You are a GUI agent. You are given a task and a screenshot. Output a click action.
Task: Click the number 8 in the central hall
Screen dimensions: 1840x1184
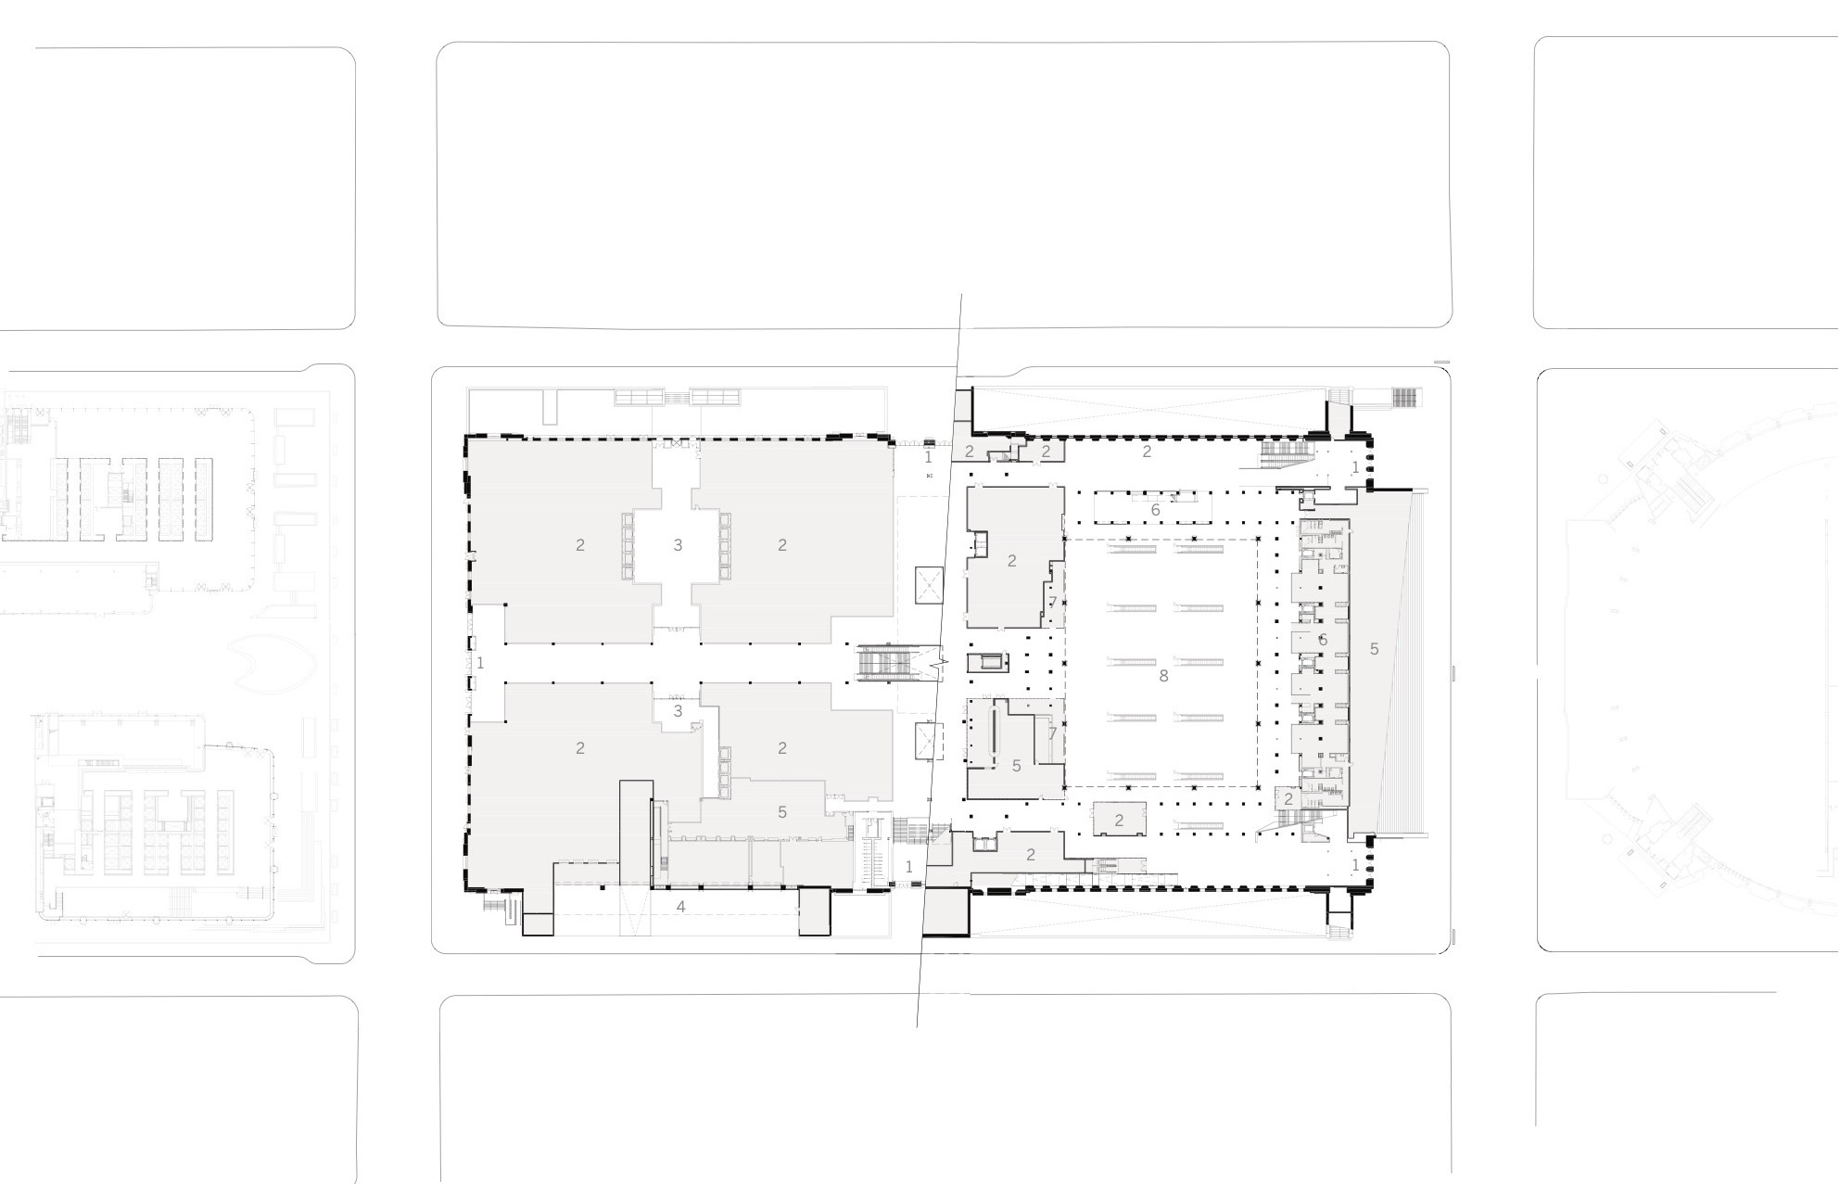[x=1163, y=676]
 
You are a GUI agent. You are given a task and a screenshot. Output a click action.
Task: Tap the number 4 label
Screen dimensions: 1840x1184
[x=680, y=907]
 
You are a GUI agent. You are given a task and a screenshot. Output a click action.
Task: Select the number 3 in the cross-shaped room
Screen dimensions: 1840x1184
[x=678, y=545]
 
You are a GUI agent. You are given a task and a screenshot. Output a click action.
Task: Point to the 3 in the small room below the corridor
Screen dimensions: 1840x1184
[x=678, y=711]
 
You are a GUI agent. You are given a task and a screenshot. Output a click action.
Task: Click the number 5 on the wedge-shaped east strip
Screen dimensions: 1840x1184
[x=1374, y=649]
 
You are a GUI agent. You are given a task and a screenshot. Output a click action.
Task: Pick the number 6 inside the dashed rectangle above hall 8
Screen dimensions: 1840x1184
[x=1155, y=510]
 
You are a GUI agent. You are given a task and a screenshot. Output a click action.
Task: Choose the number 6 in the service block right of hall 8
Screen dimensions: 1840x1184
[x=1323, y=640]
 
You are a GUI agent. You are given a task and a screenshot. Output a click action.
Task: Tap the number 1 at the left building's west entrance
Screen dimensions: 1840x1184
[x=480, y=663]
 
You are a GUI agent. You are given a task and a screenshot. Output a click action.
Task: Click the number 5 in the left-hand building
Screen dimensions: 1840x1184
[x=782, y=812]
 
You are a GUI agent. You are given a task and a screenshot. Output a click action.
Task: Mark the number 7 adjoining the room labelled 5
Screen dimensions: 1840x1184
[x=1052, y=733]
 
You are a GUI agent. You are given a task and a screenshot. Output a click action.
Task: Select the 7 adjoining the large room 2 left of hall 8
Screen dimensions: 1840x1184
[x=1052, y=603]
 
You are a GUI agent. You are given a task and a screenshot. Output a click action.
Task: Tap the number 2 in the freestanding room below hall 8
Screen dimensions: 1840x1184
[x=1119, y=821]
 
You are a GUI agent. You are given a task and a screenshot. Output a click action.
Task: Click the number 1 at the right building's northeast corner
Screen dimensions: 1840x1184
[x=1355, y=468]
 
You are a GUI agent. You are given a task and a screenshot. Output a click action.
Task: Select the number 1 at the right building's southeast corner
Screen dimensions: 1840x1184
[x=1355, y=865]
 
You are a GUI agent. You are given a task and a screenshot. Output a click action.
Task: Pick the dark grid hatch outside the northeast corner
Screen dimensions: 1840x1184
[x=1405, y=398]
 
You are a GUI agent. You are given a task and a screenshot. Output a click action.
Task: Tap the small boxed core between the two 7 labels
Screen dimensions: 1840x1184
[x=986, y=662]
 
